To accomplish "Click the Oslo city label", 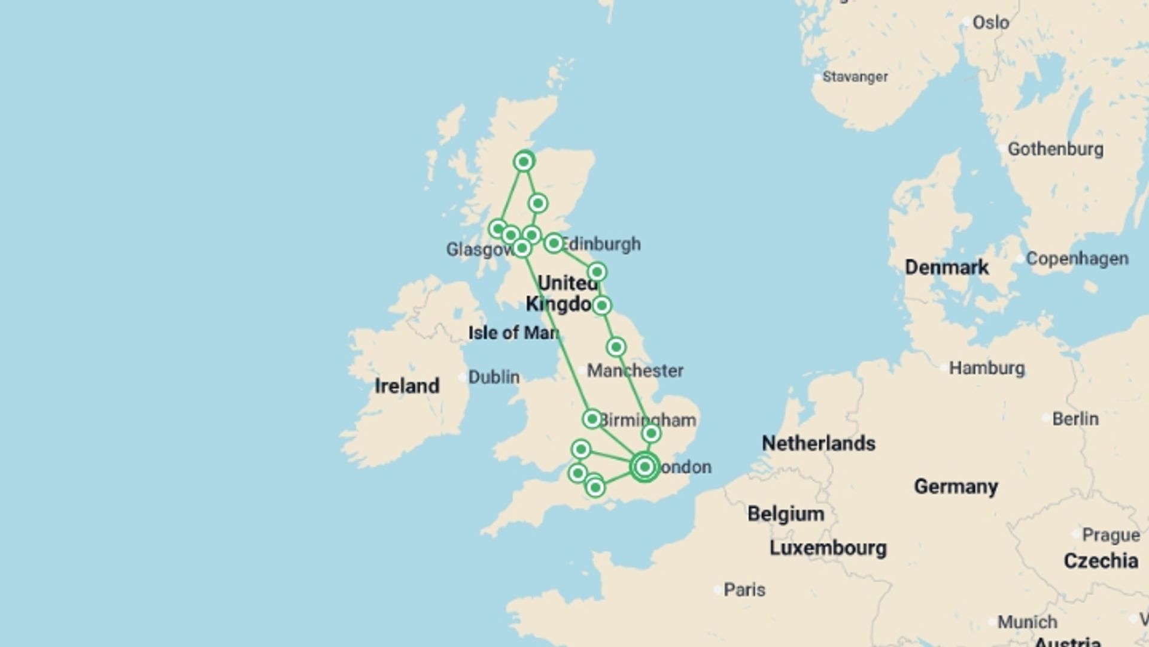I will [990, 23].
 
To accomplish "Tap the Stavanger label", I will [855, 77].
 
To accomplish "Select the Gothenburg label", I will [1055, 149].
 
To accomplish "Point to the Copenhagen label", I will [1077, 259].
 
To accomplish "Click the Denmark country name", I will [946, 267].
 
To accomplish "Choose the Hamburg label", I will [986, 368].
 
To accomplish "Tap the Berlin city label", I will [1075, 419].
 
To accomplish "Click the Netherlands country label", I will [818, 443].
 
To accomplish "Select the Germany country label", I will [956, 486].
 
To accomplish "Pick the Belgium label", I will [786, 514].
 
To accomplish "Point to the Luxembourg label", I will [828, 548].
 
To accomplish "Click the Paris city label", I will [744, 590].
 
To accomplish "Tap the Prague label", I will [1110, 535].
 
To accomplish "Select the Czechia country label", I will [1101, 561].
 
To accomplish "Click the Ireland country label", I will [407, 386].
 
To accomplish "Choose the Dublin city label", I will [493, 377].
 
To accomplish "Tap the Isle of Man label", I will [513, 333].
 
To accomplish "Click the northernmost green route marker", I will [524, 162].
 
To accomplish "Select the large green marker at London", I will [645, 467].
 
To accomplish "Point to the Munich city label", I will [1027, 622].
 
